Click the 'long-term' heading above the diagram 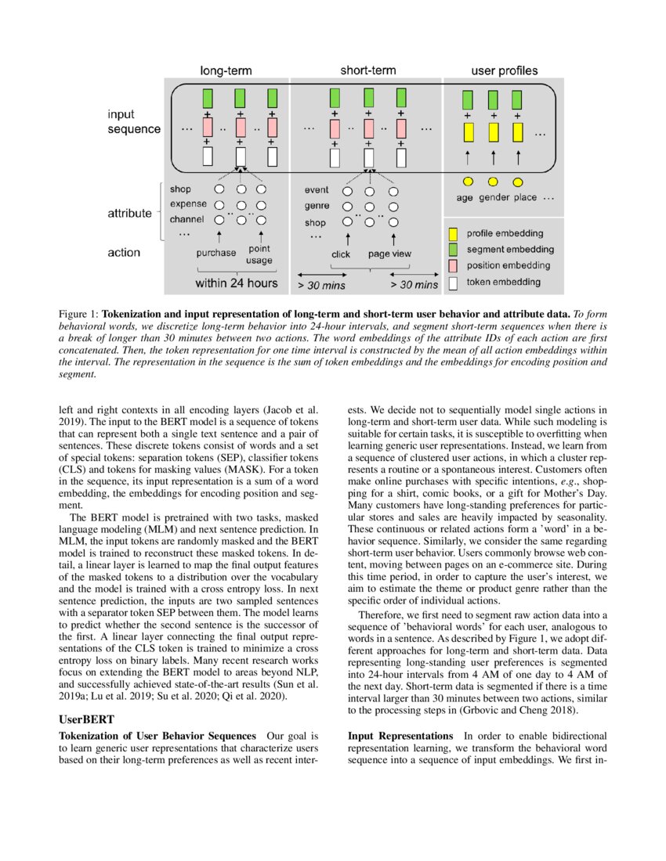[226, 71]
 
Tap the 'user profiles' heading [504, 71]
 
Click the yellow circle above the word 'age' [468, 182]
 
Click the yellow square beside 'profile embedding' [453, 233]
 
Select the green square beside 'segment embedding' [453, 250]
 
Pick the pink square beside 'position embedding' [453, 266]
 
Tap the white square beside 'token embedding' [453, 283]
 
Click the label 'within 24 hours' [237, 283]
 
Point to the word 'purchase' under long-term [216, 253]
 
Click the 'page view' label [390, 254]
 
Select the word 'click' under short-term [341, 254]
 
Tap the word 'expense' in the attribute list [188, 204]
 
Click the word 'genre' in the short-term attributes [317, 206]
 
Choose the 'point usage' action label [259, 255]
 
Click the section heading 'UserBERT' [86, 718]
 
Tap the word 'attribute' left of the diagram [129, 213]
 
